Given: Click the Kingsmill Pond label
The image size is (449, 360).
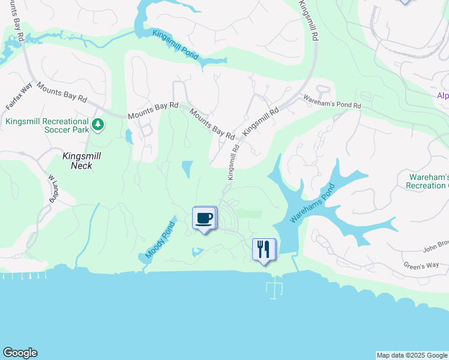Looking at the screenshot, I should coord(175,44).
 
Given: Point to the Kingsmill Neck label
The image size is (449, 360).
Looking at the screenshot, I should coord(82,160).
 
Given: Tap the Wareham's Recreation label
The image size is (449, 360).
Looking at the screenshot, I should coord(428,181).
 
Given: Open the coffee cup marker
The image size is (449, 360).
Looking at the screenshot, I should coord(205,218).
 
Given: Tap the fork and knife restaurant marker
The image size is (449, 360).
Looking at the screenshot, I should coord(263,250).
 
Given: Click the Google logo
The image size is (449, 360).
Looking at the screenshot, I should coord(20,353).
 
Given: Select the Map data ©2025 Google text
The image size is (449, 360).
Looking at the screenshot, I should coord(412,355).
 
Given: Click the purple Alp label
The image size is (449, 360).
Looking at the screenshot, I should coord(442,96).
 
